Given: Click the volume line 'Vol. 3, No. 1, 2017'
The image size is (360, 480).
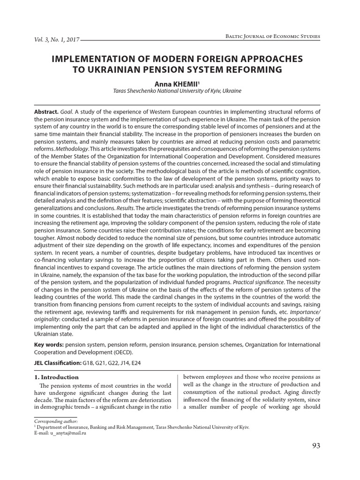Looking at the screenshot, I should [x=57, y=40].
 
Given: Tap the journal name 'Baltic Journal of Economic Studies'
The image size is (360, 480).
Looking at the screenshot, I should [x=273, y=37].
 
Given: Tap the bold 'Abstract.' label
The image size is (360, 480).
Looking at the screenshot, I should [x=47, y=113].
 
